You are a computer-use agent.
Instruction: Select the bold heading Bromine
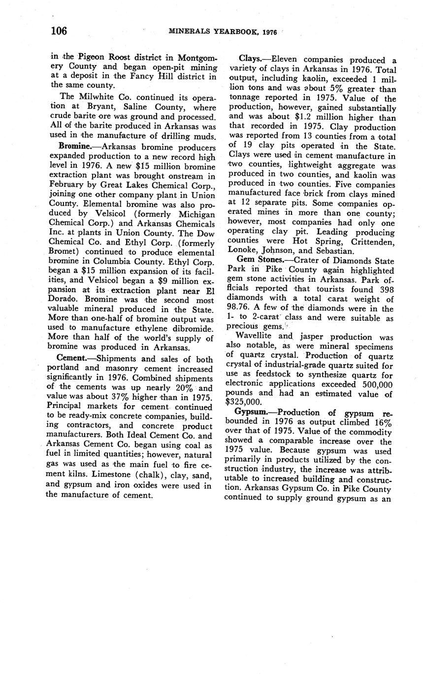coord(73,147)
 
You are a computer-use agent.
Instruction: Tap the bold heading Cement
coord(72,358)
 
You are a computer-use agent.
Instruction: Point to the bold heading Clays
coord(250,60)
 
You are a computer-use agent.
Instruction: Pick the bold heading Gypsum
coord(251,412)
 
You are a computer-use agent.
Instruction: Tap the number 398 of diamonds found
coord(384,290)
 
